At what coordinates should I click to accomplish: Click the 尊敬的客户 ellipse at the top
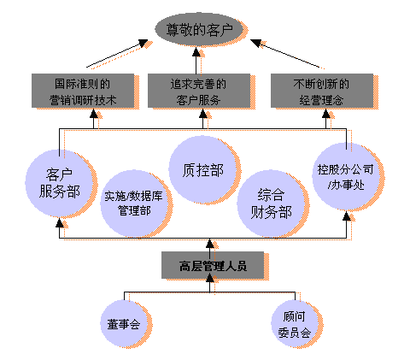click(x=199, y=29)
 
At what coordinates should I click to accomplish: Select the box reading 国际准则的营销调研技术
click(x=83, y=91)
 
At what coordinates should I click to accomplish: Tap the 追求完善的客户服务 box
click(x=199, y=91)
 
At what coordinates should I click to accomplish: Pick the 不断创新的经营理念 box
click(x=322, y=91)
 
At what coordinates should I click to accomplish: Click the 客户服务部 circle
click(x=59, y=183)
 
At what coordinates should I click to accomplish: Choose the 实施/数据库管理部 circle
click(x=134, y=204)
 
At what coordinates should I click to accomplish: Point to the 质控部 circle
click(x=202, y=169)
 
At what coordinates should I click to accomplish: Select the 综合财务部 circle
click(x=271, y=204)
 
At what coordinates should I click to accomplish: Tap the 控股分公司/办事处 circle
click(x=346, y=176)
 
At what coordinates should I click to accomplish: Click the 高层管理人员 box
click(x=213, y=265)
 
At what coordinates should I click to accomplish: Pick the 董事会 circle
click(x=124, y=323)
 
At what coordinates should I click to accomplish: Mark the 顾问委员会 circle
click(x=295, y=323)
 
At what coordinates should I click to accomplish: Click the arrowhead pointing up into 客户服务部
click(x=60, y=222)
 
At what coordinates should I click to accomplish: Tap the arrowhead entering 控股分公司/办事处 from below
click(x=347, y=215)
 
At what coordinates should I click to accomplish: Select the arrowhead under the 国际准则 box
click(x=94, y=114)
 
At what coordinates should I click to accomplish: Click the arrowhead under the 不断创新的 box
click(x=326, y=114)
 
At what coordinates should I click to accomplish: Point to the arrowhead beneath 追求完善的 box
click(x=203, y=114)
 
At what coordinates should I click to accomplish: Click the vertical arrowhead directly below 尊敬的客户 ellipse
click(x=196, y=51)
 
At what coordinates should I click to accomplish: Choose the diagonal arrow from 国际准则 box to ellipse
click(x=117, y=54)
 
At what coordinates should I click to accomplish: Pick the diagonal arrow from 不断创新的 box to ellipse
click(x=285, y=54)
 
